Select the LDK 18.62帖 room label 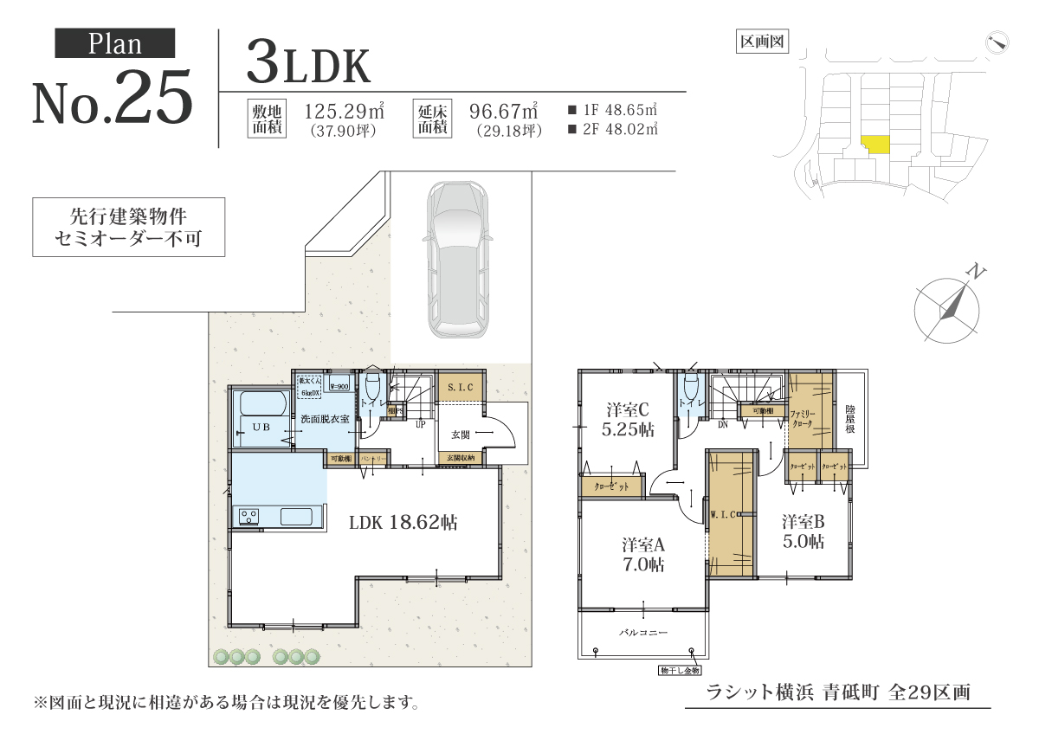(403, 523)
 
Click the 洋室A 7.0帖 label (642, 555)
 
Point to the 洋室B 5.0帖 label (803, 531)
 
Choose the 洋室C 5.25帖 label (629, 419)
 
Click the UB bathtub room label (261, 427)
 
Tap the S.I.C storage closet (460, 387)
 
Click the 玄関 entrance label (460, 435)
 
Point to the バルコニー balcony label (643, 633)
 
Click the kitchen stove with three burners (249, 517)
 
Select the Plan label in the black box (115, 43)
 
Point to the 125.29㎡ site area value (345, 112)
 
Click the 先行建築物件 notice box (128, 227)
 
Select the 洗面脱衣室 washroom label (325, 419)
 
